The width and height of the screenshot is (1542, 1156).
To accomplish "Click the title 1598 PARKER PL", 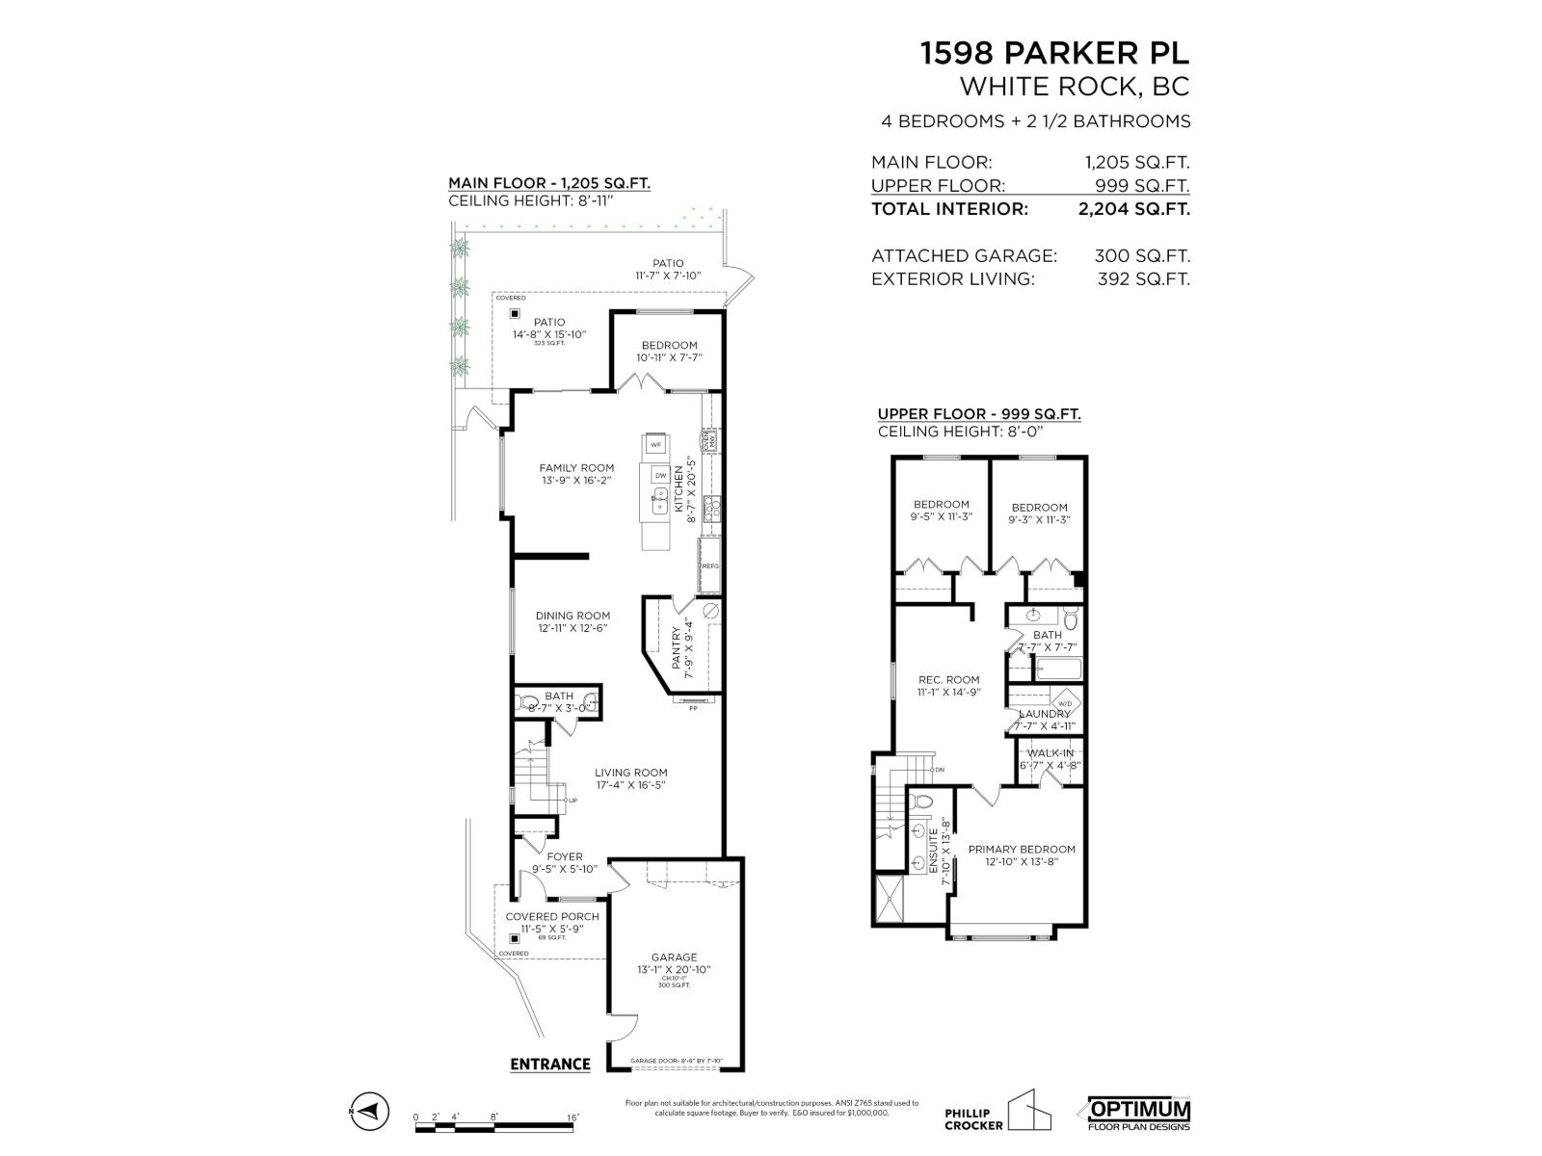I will click(1054, 53).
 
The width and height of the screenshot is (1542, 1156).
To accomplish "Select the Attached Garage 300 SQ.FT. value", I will click(1141, 256).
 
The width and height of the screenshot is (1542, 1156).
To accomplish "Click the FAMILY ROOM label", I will click(576, 468).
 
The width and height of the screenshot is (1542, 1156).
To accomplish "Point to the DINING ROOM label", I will click(572, 616).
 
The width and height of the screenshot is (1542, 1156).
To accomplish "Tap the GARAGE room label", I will click(674, 958).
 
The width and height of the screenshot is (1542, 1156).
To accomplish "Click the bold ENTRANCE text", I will click(549, 1064).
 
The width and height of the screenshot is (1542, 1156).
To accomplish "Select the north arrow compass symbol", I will click(370, 1112).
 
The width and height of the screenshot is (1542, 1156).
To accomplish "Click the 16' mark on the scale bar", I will click(572, 1117).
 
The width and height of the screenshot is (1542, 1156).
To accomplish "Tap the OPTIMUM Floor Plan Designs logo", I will click(1139, 1113).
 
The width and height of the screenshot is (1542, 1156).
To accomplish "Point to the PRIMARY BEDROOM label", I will click(1022, 850).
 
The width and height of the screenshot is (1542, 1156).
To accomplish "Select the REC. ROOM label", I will click(948, 679).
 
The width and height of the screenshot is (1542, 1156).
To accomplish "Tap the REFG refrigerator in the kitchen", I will click(710, 566).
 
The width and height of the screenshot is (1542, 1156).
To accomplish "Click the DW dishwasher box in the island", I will click(660, 475).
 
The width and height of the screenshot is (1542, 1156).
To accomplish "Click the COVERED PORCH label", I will click(552, 916).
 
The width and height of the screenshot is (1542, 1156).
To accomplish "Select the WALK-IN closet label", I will click(1050, 753).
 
